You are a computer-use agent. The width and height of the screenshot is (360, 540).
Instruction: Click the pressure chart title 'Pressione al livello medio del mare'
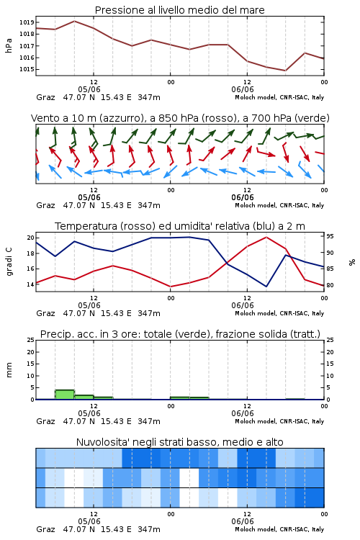click(x=180, y=10)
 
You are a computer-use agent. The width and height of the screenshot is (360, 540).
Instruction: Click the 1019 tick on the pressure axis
click(x=27, y=22)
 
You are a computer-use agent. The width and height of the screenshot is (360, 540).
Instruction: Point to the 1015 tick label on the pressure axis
click(x=27, y=69)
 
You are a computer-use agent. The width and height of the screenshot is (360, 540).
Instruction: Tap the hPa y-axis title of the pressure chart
click(x=9, y=45)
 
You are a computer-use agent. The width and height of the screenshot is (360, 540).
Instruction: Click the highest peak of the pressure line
click(x=74, y=21)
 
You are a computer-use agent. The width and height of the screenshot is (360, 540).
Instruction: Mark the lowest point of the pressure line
click(x=285, y=71)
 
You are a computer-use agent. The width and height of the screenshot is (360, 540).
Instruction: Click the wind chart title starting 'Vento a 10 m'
click(x=180, y=118)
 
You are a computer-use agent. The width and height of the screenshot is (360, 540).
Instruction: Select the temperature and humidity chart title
click(x=180, y=226)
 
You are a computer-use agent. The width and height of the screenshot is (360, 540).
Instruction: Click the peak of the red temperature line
click(x=266, y=237)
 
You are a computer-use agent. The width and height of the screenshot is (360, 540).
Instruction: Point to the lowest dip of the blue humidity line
click(x=266, y=287)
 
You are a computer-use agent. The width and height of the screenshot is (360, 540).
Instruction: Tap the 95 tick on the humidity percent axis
click(x=330, y=236)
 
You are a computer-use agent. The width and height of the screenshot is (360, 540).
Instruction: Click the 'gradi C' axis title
click(x=9, y=262)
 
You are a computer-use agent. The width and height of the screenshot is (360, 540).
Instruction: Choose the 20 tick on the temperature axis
click(x=31, y=238)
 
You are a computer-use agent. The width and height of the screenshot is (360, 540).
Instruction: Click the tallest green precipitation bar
click(x=65, y=395)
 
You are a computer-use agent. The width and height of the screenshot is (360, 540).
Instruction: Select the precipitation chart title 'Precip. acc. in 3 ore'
click(x=180, y=334)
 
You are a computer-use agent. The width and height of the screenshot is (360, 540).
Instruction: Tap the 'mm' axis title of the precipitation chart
click(x=9, y=370)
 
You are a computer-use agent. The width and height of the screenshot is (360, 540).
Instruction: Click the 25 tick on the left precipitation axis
click(x=31, y=340)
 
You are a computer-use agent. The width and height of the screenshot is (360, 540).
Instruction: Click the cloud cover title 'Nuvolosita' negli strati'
click(x=180, y=442)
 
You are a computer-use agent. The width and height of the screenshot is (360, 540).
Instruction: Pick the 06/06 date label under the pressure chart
click(x=243, y=89)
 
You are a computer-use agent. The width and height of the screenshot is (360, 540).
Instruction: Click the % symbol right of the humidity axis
click(x=352, y=262)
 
